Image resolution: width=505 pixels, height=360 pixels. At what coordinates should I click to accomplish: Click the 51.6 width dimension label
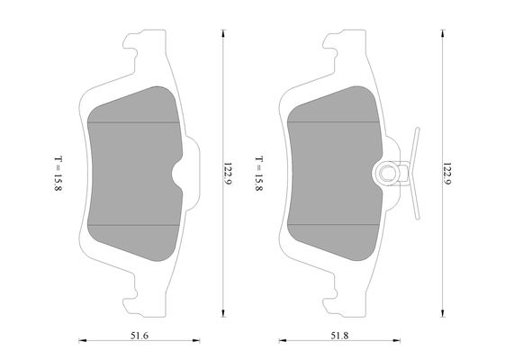click(140, 336)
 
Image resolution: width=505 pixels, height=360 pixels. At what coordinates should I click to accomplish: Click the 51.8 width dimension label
click(339, 336)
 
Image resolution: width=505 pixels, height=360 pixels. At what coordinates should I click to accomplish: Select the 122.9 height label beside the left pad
click(228, 173)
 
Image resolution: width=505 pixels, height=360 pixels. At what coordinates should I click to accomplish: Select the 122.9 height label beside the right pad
click(446, 173)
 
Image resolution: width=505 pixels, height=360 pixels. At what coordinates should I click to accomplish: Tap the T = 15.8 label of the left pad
click(58, 174)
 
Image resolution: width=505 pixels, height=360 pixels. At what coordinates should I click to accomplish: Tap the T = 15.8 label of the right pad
click(259, 174)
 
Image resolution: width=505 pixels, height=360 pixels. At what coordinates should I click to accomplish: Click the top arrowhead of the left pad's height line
click(223, 33)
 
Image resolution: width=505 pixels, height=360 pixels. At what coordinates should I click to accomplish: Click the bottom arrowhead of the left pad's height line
click(223, 313)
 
